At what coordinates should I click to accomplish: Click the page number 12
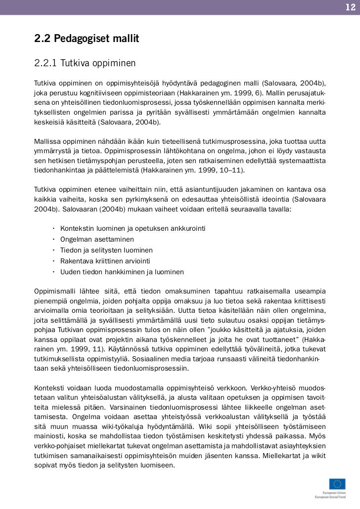pyautogui.click(x=350, y=7)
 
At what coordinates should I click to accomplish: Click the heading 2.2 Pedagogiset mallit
pyautogui.click(x=87, y=38)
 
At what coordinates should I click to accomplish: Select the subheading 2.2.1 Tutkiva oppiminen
pyautogui.click(x=85, y=64)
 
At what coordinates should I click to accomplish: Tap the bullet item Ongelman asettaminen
pyautogui.click(x=90, y=239)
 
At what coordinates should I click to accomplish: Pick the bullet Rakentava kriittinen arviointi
pyautogui.click(x=105, y=261)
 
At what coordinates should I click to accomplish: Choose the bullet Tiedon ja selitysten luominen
pyautogui.click(x=106, y=250)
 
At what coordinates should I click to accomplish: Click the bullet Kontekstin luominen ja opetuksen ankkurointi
pyautogui.click(x=133, y=228)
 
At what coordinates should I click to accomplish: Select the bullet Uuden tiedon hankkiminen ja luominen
pyautogui.click(x=122, y=272)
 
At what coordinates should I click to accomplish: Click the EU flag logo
pyautogui.click(x=337, y=484)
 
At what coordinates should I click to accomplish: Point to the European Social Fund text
pyautogui.click(x=331, y=497)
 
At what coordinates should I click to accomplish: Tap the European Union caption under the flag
pyautogui.click(x=334, y=493)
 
